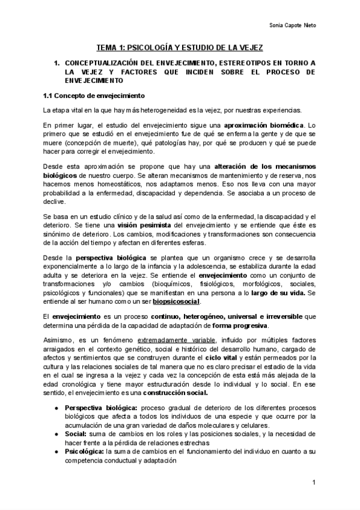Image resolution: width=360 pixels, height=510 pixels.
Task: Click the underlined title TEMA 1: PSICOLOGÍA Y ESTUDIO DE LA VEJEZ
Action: click(x=180, y=48)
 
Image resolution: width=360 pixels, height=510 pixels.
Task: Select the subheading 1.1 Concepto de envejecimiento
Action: click(x=93, y=96)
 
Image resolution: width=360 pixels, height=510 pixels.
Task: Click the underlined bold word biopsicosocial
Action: click(x=177, y=301)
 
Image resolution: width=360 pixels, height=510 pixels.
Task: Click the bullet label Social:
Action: click(x=75, y=433)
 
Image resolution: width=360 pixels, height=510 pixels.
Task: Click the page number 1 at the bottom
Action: click(x=314, y=484)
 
